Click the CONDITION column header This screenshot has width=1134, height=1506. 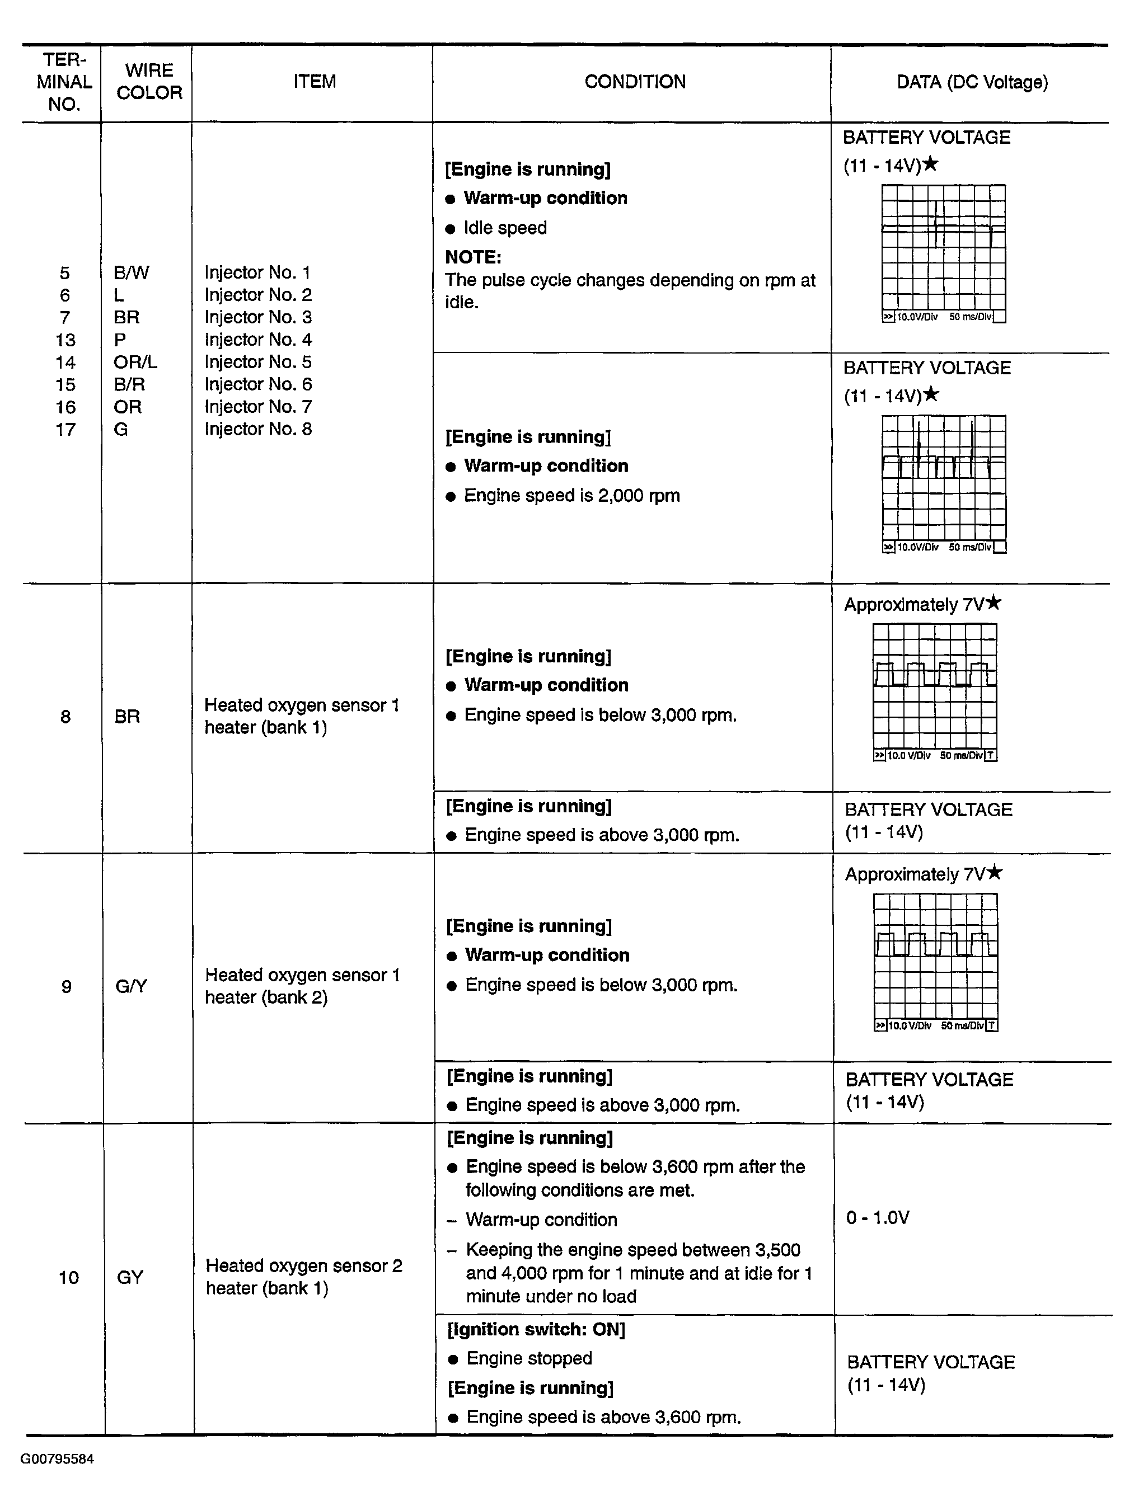click(635, 82)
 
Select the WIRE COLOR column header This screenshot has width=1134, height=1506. click(149, 82)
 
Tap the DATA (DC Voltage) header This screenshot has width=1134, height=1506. click(972, 82)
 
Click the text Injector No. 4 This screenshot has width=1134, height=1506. click(258, 339)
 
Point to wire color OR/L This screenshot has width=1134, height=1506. click(135, 361)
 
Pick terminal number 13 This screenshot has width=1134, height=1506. click(65, 340)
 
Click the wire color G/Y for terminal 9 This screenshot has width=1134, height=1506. click(131, 986)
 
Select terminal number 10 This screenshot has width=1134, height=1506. click(68, 1277)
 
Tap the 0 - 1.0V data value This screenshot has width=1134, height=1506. click(877, 1217)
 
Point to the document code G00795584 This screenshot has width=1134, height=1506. click(57, 1459)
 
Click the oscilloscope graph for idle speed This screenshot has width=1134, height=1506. click(943, 253)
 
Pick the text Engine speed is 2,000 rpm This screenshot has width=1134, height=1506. click(571, 496)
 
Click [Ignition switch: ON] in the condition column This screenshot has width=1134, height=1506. click(536, 1330)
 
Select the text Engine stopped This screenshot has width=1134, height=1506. click(529, 1359)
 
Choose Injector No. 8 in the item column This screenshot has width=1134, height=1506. click(258, 429)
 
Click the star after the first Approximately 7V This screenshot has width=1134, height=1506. click(994, 602)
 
